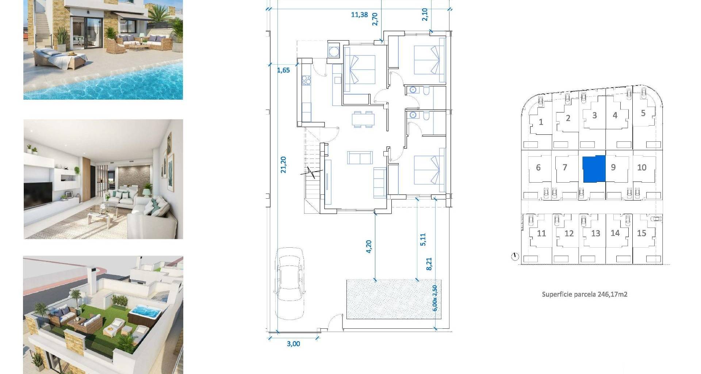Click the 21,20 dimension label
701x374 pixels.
point(283,165)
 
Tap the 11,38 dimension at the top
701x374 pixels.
point(359,15)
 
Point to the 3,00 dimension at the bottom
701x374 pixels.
point(294,344)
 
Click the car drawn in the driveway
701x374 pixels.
point(290,279)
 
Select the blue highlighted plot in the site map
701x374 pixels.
point(594,168)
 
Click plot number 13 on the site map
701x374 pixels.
point(595,233)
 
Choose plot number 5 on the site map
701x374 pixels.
point(643,113)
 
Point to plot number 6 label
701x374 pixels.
point(538,168)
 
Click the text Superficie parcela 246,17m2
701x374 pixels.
point(585,294)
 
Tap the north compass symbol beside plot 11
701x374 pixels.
point(515,257)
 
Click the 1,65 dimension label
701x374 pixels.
point(284,70)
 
